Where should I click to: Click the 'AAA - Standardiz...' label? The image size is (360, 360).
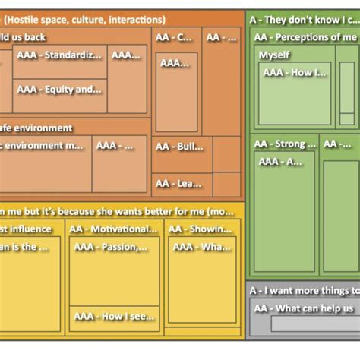click(59, 55)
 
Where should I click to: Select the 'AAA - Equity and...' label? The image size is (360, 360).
click(58, 89)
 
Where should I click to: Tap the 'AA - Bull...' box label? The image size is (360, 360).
click(179, 146)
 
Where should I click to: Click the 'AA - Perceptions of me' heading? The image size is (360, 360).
click(305, 37)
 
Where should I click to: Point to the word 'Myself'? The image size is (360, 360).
click(274, 55)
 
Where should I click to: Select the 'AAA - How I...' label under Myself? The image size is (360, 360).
click(294, 73)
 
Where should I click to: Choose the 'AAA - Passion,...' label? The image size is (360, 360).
click(111, 246)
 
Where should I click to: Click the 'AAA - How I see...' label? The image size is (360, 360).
click(111, 317)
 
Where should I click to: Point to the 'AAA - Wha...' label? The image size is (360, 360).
click(201, 246)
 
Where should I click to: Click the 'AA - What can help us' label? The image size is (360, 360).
click(303, 308)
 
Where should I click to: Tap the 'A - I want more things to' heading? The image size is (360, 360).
click(304, 290)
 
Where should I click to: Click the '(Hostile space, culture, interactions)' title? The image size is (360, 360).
click(87, 19)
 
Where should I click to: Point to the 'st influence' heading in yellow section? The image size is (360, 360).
click(26, 229)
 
